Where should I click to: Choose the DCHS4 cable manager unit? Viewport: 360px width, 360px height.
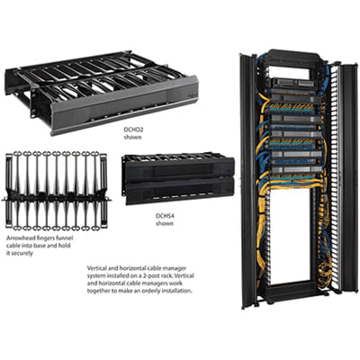[177, 180]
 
